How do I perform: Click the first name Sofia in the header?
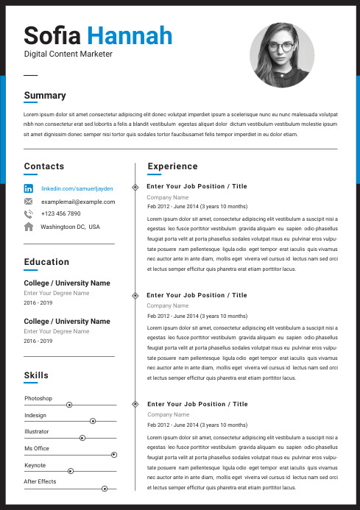pyautogui.click(x=53, y=35)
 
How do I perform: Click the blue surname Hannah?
pyautogui.click(x=130, y=35)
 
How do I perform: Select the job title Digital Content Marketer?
pyautogui.click(x=68, y=54)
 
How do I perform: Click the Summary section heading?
pyautogui.click(x=45, y=95)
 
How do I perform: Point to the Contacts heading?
pyautogui.click(x=44, y=166)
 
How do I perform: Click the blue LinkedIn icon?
pyautogui.click(x=29, y=188)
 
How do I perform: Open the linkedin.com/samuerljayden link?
pyautogui.click(x=77, y=188)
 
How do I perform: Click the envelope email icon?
pyautogui.click(x=29, y=202)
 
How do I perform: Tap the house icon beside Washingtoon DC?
pyautogui.click(x=29, y=227)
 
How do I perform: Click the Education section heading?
pyautogui.click(x=46, y=262)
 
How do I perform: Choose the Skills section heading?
pyautogui.click(x=36, y=375)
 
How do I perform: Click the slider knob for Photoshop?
pyautogui.click(x=69, y=405)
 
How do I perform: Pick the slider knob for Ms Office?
pyautogui.click(x=113, y=455)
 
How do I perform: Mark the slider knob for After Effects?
pyautogui.click(x=105, y=489)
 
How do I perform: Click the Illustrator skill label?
pyautogui.click(x=37, y=431)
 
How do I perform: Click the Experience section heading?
pyautogui.click(x=172, y=166)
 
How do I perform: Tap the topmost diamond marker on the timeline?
pyautogui.click(x=135, y=187)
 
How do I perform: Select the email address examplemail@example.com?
pyautogui.click(x=78, y=202)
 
